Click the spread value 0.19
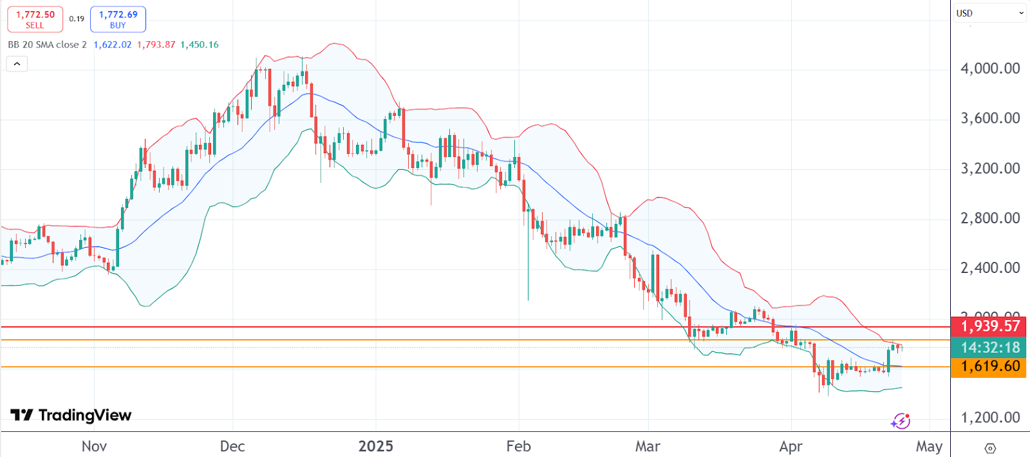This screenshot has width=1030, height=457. click(x=77, y=19)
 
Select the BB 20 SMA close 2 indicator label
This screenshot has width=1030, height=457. click(x=47, y=44)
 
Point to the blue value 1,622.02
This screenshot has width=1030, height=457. click(x=113, y=44)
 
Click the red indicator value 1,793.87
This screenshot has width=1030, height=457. click(x=156, y=44)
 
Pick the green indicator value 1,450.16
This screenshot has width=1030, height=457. click(x=200, y=44)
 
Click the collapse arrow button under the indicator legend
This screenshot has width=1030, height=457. click(x=17, y=64)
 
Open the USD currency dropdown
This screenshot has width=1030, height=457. click(x=989, y=13)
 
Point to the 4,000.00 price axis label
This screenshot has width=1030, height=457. click(x=990, y=68)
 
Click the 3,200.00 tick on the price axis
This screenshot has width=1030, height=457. click(x=990, y=169)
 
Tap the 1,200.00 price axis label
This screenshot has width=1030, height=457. click(x=990, y=418)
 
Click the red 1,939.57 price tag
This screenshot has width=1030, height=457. click(x=990, y=326)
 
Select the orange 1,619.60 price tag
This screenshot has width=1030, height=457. click(x=990, y=366)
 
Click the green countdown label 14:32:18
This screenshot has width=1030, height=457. click(x=990, y=348)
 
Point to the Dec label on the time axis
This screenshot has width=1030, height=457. click(x=232, y=446)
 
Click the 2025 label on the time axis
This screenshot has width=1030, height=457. click(x=376, y=446)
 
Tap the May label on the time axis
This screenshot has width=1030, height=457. click(x=929, y=446)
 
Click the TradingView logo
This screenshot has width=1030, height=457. click(x=71, y=415)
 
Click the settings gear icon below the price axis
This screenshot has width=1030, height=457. click(x=990, y=448)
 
